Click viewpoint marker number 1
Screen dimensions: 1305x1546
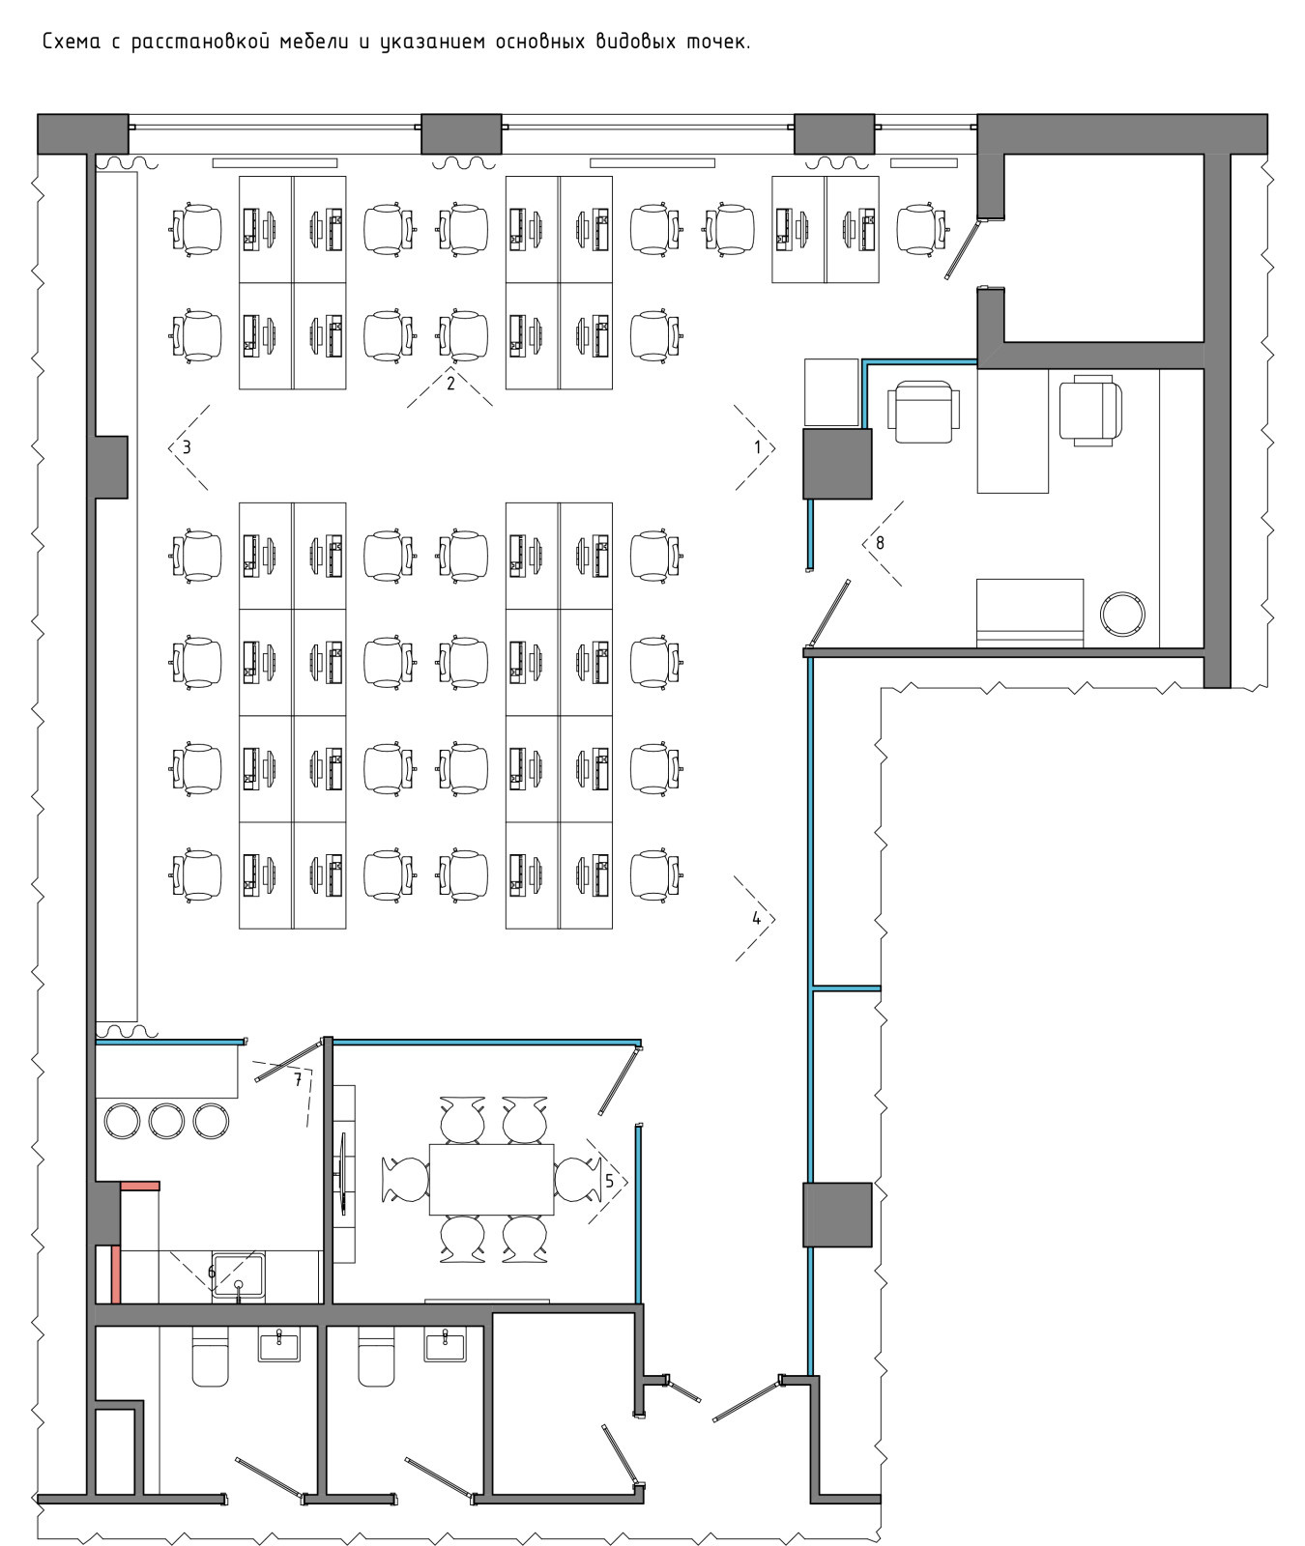[759, 447]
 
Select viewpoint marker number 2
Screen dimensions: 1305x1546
[450, 384]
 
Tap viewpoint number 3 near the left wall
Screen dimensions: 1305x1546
[187, 447]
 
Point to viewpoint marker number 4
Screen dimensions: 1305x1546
[757, 919]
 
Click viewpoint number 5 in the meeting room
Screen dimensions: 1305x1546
[609, 1181]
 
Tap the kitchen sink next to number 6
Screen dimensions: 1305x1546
[239, 1276]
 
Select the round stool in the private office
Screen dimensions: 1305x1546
[1124, 614]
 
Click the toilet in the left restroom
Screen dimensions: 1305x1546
[211, 1357]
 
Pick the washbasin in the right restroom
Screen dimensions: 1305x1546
[445, 1344]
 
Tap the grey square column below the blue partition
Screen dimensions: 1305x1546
[837, 1215]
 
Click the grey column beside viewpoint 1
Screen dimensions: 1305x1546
[837, 464]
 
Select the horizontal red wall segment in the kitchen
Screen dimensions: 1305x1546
[139, 1186]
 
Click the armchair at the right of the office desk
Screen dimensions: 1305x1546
[1090, 413]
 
